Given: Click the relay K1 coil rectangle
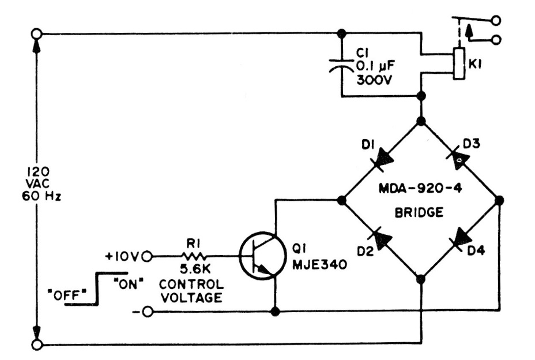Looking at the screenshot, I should point(458,63).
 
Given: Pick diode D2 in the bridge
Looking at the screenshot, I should point(380,239).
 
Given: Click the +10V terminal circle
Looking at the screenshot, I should point(147,256).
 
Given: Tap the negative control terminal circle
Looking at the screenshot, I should point(147,312).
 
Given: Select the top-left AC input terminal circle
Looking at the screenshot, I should point(37,33).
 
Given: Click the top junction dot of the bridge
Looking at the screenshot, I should point(421,121).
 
